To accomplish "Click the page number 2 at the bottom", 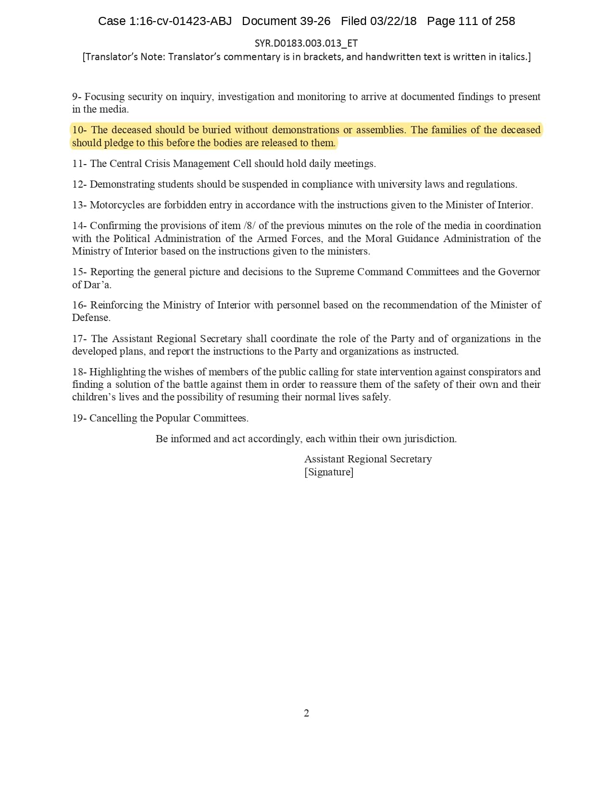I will (306, 713).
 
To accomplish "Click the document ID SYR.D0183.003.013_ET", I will (306, 43).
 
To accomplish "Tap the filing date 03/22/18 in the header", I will (393, 21).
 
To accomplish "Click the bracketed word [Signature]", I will (329, 472).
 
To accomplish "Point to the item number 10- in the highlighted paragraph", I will (79, 130).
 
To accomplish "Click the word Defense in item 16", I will (91, 318).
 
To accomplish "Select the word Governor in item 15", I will (519, 272).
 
